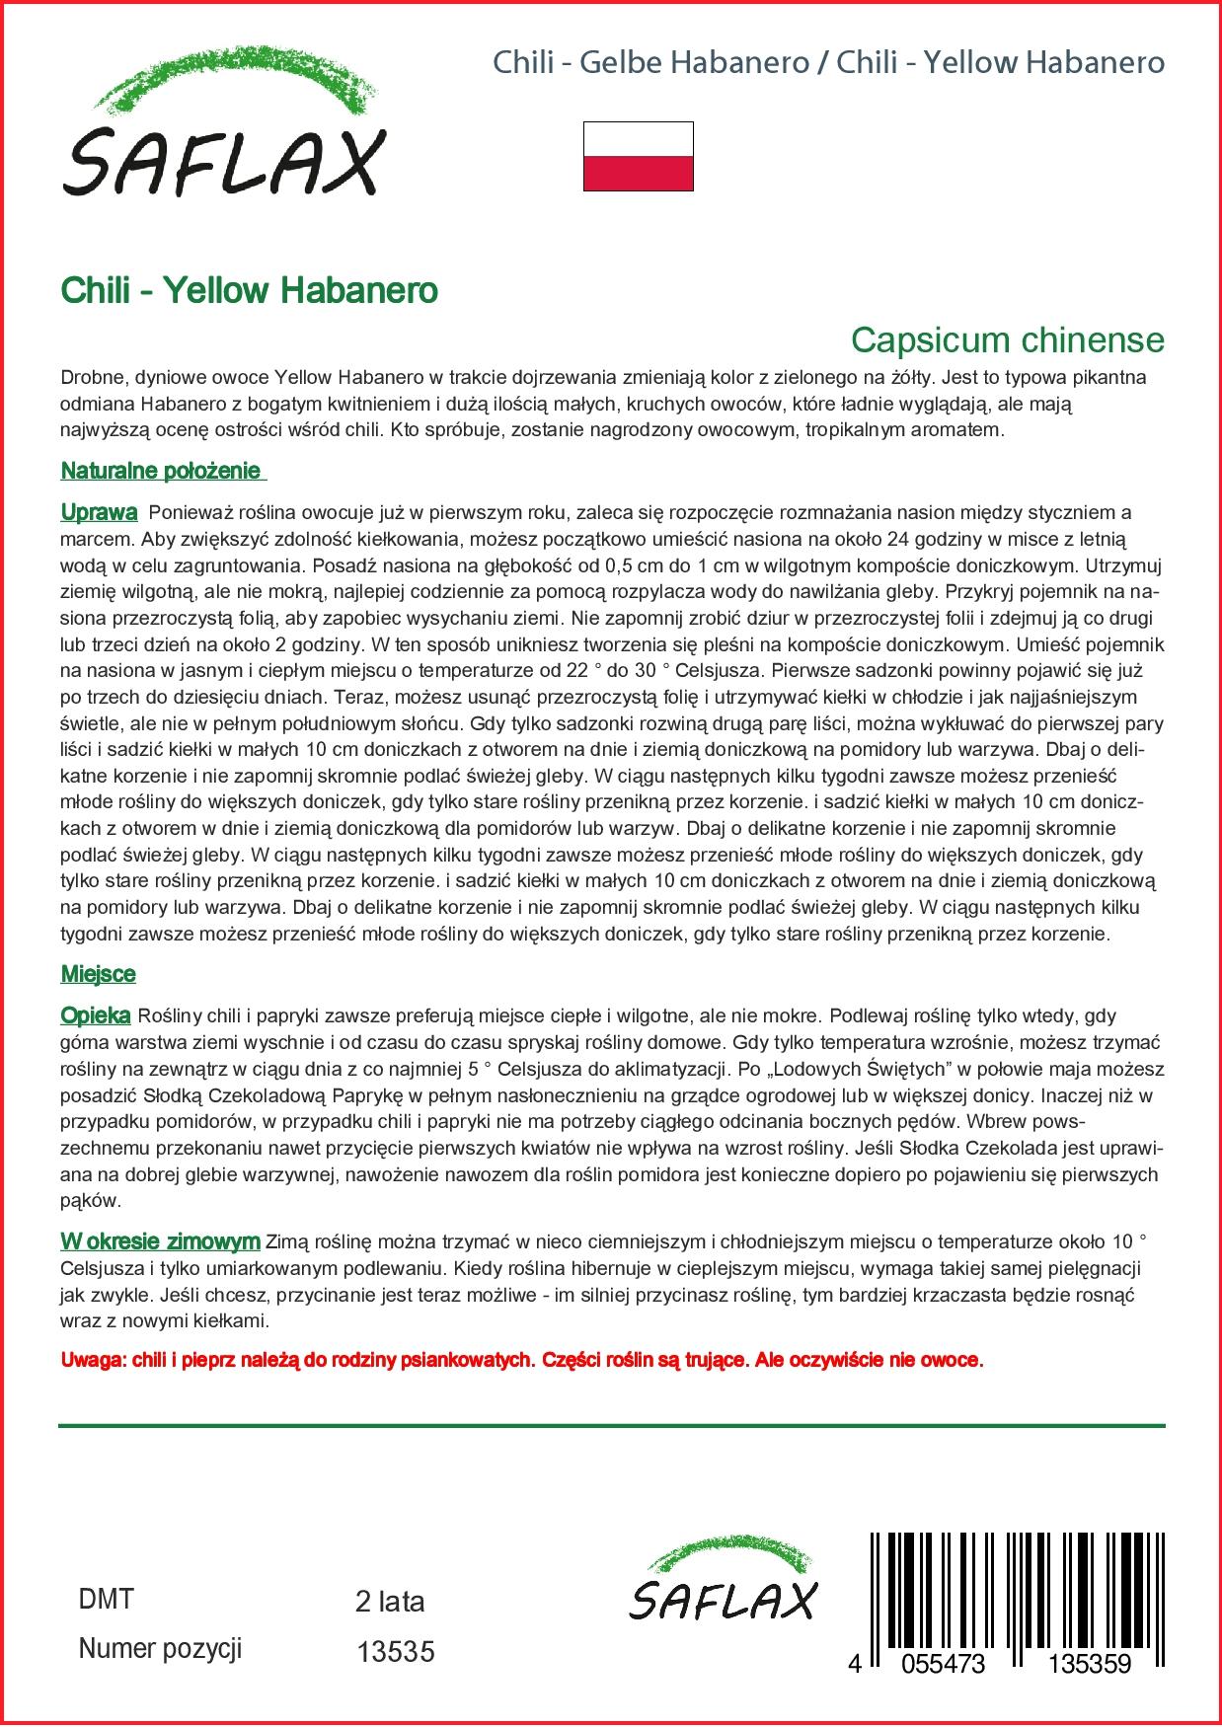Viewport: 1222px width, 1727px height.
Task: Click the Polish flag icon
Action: (x=638, y=156)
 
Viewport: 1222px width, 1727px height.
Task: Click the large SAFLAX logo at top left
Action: (x=221, y=131)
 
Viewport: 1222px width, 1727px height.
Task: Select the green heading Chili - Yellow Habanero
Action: (x=249, y=290)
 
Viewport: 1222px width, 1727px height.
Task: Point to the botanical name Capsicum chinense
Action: (x=1007, y=340)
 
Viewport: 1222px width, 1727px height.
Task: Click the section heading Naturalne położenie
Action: (x=163, y=471)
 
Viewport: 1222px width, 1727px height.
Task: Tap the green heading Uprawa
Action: (x=99, y=512)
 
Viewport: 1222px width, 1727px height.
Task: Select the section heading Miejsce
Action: (x=98, y=974)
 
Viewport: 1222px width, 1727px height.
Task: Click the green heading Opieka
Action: (x=96, y=1015)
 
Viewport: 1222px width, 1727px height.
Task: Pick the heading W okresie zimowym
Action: (x=160, y=1241)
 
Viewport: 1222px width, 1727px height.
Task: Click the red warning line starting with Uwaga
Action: (x=522, y=1360)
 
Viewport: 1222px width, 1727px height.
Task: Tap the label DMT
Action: (x=105, y=1600)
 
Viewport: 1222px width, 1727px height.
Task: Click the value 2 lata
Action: (x=389, y=1602)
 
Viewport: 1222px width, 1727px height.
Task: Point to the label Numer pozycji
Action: (x=159, y=1649)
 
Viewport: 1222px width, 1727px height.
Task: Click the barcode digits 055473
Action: (x=937, y=1664)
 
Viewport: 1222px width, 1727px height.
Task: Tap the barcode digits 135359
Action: (x=1089, y=1664)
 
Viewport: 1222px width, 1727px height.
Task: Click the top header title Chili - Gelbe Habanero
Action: (x=651, y=63)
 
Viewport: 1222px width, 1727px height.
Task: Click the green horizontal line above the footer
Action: (x=611, y=1426)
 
